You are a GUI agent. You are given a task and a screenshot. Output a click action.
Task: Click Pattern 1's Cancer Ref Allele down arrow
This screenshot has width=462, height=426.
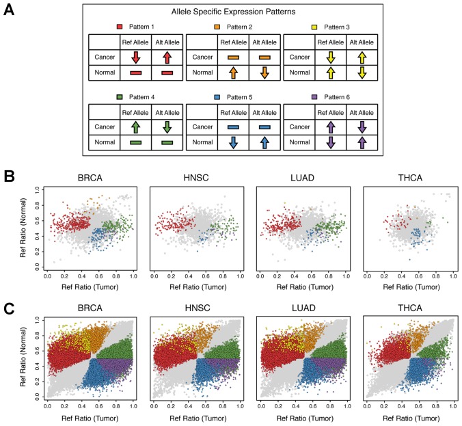(x=135, y=57)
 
